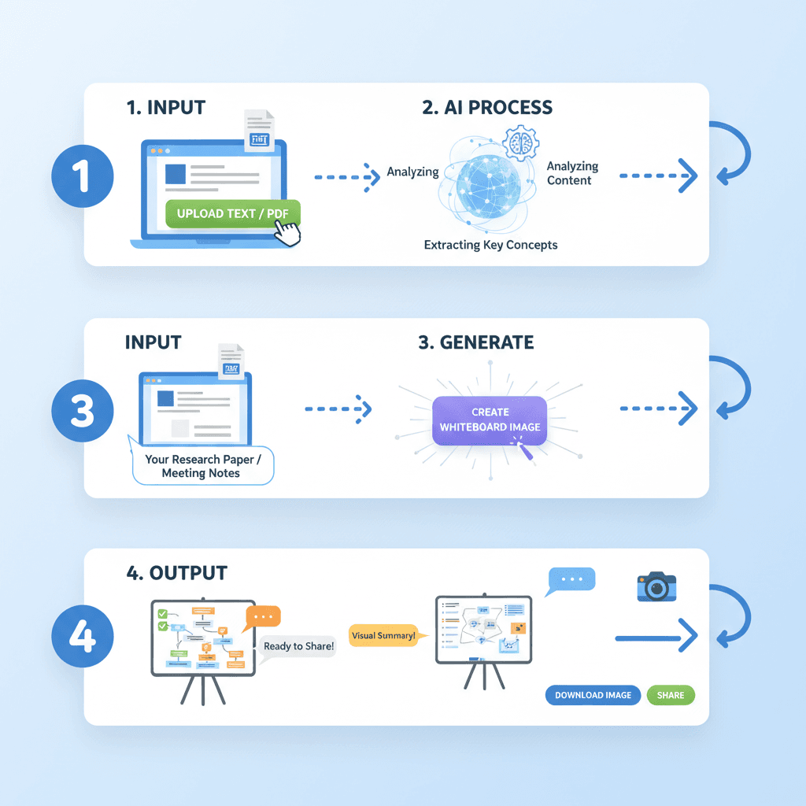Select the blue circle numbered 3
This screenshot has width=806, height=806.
click(x=83, y=410)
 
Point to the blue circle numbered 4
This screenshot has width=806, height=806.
click(x=83, y=638)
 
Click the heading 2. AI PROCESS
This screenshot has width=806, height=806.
click(x=487, y=108)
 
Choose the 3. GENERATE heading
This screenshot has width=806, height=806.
click(x=475, y=342)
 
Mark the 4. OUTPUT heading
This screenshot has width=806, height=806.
click(x=177, y=572)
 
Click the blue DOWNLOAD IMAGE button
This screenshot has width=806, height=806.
click(x=593, y=695)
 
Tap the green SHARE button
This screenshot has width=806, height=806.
click(x=671, y=695)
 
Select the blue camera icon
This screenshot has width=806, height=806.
click(x=656, y=587)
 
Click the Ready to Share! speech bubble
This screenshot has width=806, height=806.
click(x=298, y=646)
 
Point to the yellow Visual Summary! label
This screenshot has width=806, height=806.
click(x=383, y=636)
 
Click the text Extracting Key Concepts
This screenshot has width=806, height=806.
click(x=490, y=245)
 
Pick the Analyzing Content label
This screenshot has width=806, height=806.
click(x=572, y=173)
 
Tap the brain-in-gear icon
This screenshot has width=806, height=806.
click(x=521, y=142)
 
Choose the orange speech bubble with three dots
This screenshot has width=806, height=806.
click(x=263, y=616)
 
